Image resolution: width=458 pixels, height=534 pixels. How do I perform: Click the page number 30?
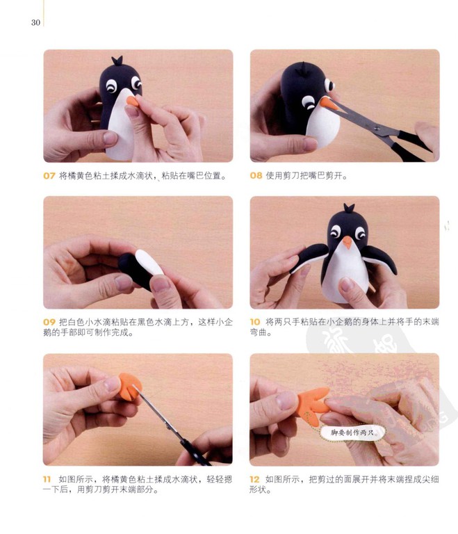(35, 22)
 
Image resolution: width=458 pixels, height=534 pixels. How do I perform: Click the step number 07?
(49, 176)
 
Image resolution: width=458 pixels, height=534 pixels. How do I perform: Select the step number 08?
(256, 176)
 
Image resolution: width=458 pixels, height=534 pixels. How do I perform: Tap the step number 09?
(49, 322)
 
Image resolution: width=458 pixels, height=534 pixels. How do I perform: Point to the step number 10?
(255, 322)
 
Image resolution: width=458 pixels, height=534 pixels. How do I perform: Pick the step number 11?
(47, 479)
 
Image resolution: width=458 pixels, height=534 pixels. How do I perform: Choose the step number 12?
(254, 479)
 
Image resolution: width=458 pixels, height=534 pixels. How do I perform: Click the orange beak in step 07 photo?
(133, 101)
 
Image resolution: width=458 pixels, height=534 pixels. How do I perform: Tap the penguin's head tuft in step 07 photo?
(117, 61)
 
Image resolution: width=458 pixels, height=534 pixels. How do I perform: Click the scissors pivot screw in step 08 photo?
(377, 128)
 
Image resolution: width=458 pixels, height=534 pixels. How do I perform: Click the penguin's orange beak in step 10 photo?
(347, 242)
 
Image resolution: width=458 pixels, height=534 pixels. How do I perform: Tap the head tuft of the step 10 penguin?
(349, 208)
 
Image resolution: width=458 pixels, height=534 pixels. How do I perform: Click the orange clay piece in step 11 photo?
(130, 387)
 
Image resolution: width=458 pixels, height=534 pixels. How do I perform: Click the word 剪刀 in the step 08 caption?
(292, 176)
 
